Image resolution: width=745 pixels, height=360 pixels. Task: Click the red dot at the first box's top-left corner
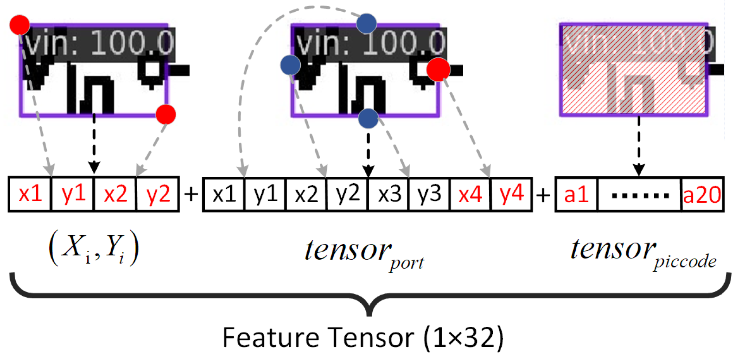tap(20, 25)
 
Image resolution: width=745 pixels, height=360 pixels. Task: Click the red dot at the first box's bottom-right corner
tap(166, 114)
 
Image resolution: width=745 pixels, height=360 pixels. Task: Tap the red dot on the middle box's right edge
tap(438, 69)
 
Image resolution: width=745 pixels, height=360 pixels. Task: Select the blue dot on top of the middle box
tap(366, 24)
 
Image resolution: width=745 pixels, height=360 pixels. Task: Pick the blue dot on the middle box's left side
tap(291, 65)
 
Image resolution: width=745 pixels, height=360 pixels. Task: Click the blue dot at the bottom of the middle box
tap(368, 119)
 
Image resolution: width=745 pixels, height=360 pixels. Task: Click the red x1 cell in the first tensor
tap(30, 194)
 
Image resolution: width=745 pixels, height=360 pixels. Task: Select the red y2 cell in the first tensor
tap(158, 194)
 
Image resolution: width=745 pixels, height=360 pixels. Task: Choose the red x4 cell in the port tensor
tap(471, 194)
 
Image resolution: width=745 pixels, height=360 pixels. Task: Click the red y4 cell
tap(511, 194)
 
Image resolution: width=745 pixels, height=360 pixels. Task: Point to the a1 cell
tap(576, 194)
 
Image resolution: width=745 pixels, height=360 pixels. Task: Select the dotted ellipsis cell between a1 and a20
tap(640, 195)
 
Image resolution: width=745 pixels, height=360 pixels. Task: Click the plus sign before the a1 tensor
tap(543, 195)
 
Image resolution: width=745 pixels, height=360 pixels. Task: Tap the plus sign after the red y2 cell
tap(191, 194)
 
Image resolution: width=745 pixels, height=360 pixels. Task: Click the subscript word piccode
tap(685, 261)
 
